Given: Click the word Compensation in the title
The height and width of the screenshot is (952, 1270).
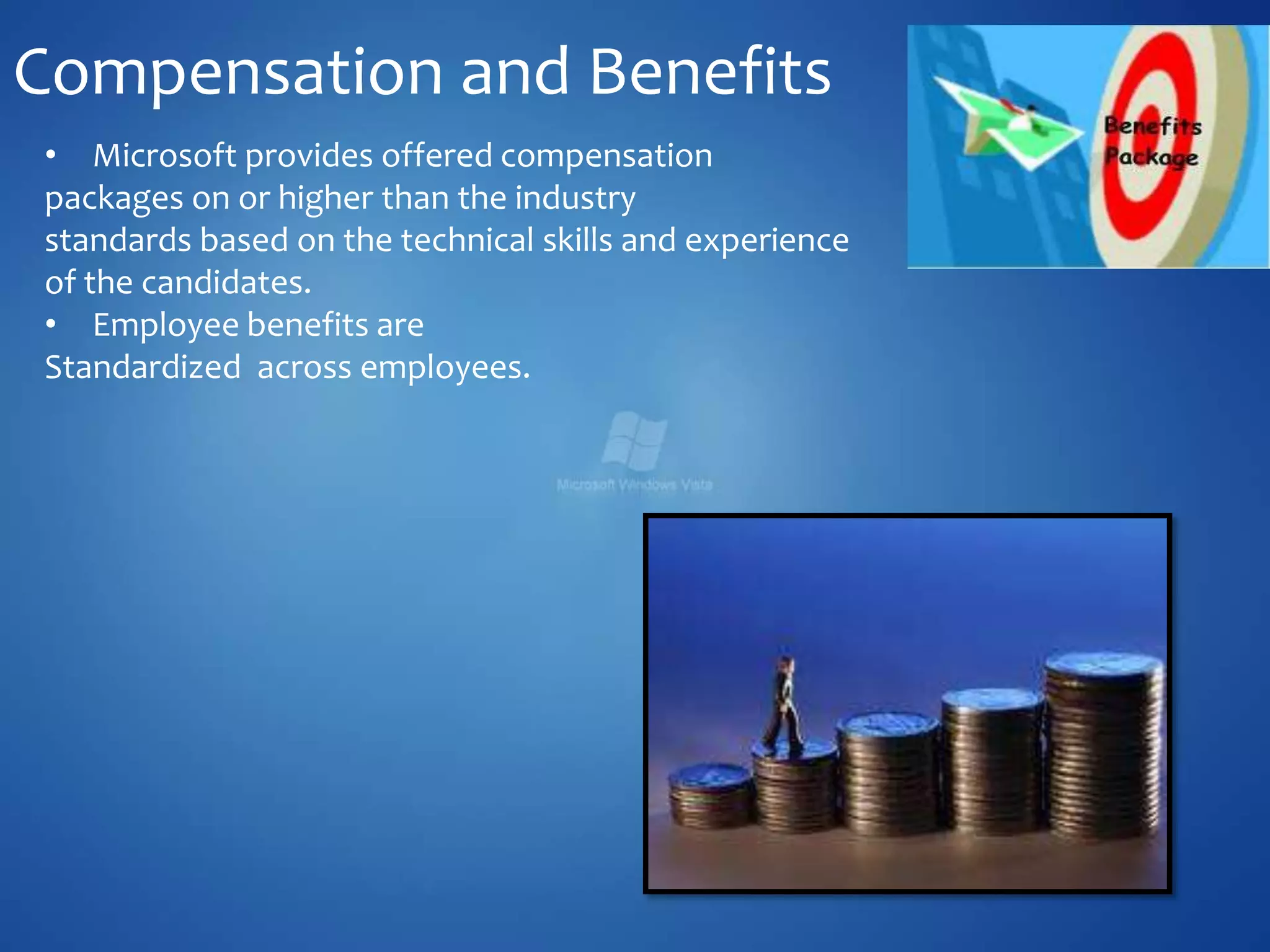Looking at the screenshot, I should [228, 73].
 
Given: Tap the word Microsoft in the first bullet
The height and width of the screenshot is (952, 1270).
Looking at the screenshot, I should [164, 156].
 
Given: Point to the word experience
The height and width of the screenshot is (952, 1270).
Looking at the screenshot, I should [766, 240].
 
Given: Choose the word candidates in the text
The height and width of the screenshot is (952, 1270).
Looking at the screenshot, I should [226, 283].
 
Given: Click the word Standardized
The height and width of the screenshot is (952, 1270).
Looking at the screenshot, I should [143, 367].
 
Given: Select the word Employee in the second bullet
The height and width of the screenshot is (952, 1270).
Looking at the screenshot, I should [166, 325].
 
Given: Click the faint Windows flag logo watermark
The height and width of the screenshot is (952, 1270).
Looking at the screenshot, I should [634, 440].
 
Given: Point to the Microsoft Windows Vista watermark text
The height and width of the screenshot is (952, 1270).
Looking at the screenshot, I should [634, 485].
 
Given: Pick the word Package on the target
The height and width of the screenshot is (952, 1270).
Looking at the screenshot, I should [1151, 157].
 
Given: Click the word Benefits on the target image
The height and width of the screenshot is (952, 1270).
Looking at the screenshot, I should [1153, 126].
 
